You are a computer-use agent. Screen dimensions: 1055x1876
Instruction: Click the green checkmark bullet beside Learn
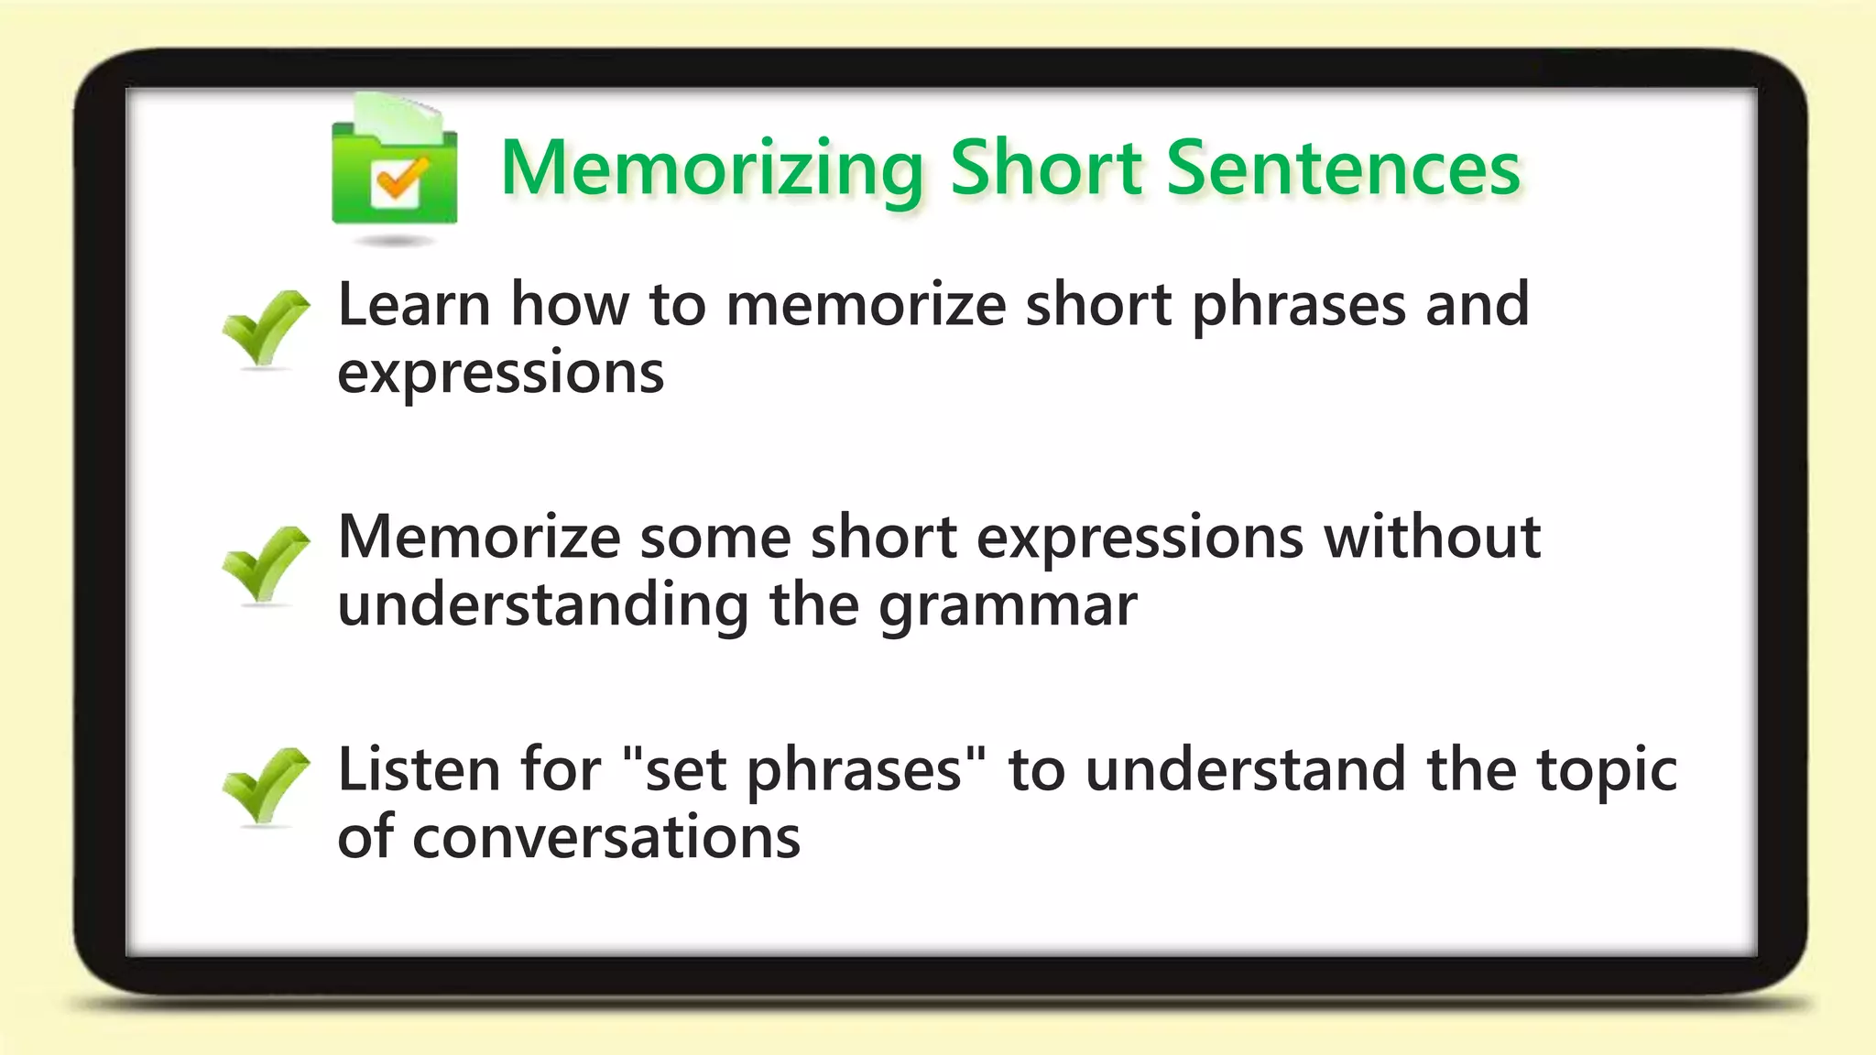click(x=265, y=328)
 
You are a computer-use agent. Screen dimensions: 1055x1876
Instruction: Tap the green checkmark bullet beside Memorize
click(x=265, y=563)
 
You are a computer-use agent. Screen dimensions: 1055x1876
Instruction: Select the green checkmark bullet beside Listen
click(x=265, y=786)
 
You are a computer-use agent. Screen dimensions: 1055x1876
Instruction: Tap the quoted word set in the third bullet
click(x=686, y=771)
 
